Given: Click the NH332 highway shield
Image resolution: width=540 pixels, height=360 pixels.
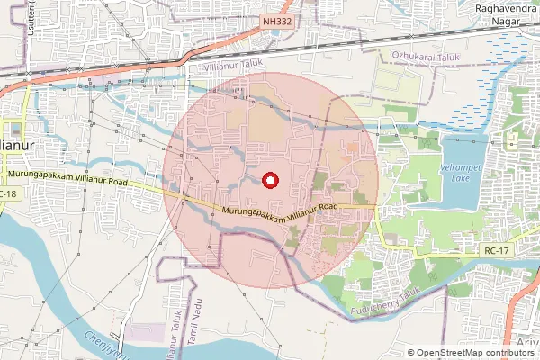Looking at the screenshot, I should [275, 19].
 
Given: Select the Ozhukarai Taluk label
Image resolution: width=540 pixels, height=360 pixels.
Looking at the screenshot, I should [426, 56].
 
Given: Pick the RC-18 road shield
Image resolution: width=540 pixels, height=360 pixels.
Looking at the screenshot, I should [9, 194].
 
